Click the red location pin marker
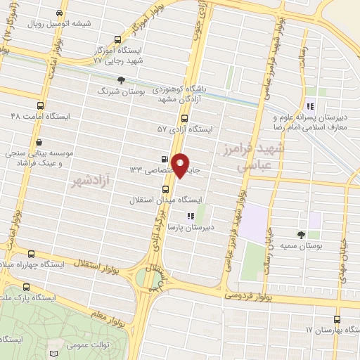coord(181,165)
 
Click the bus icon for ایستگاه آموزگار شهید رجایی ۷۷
coord(118,41)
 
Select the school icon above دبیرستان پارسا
coord(188,216)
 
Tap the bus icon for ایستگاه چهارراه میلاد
coord(30,254)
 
